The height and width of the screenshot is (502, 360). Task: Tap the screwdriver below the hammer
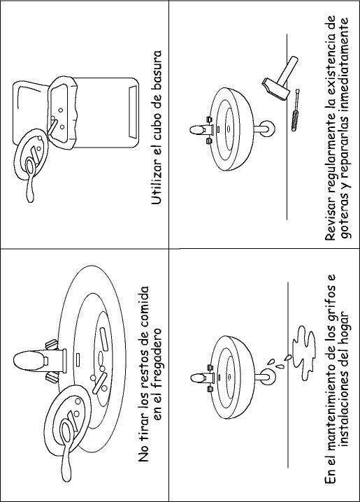tap(295, 110)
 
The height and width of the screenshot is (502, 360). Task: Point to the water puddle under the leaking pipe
tap(303, 353)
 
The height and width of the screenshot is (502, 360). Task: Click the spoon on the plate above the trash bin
tap(30, 179)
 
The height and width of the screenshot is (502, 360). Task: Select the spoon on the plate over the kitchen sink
tap(66, 449)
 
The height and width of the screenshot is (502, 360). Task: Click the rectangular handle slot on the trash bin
tap(133, 112)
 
